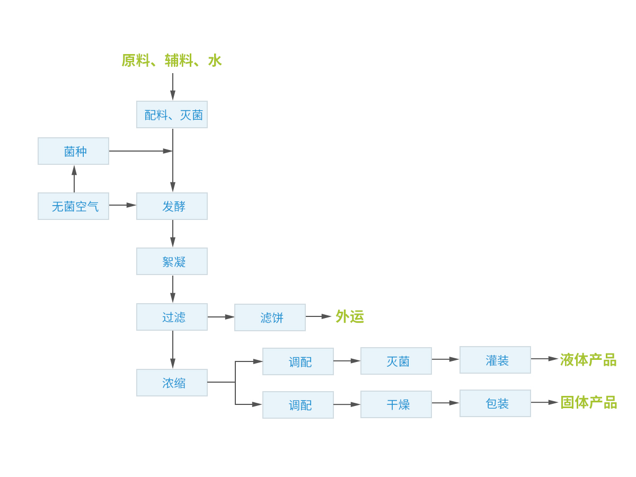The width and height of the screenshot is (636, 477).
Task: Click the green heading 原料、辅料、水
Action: (x=171, y=61)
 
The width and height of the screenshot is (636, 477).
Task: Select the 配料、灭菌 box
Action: (x=172, y=114)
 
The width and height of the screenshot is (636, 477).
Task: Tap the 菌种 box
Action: (x=73, y=151)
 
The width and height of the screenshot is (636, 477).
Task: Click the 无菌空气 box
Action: (x=73, y=206)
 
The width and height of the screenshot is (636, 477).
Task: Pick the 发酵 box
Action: (x=172, y=206)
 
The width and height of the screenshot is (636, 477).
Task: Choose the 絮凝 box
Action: (x=172, y=261)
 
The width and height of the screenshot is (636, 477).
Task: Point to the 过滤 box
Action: (x=172, y=317)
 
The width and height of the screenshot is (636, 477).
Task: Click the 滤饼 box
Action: (x=270, y=317)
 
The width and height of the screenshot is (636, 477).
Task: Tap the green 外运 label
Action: (x=350, y=317)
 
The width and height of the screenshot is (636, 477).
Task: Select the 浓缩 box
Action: (x=172, y=383)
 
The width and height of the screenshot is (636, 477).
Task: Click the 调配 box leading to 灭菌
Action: (x=298, y=361)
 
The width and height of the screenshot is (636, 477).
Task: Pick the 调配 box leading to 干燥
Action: (x=298, y=405)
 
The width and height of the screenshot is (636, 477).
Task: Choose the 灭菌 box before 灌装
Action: (x=396, y=361)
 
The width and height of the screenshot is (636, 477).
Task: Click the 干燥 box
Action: (x=396, y=404)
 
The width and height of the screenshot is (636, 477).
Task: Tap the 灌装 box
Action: (x=495, y=360)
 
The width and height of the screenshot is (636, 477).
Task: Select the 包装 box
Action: (x=495, y=403)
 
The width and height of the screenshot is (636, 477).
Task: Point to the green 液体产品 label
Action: (x=588, y=360)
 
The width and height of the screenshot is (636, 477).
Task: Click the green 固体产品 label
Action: (x=588, y=403)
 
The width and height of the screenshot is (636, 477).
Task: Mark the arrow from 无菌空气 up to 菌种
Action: (x=74, y=179)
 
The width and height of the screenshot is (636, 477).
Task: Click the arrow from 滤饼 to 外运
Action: (x=318, y=316)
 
